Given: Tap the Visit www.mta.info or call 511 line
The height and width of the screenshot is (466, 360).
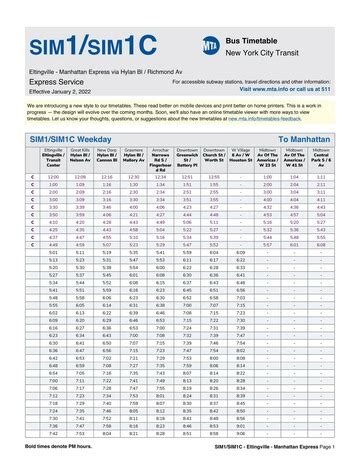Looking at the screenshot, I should click(x=290, y=88).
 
